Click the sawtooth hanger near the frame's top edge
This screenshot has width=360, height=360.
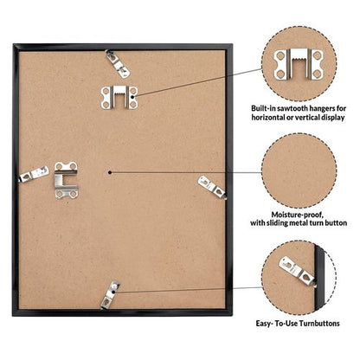point(119,97)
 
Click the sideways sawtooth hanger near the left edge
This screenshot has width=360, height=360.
point(67,180)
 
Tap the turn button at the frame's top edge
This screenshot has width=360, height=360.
point(118,64)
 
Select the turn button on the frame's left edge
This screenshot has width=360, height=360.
point(34,174)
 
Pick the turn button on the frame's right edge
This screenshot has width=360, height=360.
point(212,188)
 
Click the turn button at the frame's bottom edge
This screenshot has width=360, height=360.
point(110,295)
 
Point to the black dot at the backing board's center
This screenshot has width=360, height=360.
point(110,172)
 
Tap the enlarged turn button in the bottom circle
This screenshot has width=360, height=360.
point(297,271)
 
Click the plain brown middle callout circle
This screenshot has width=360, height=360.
point(299,170)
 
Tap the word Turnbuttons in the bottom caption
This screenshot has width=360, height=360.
point(319,324)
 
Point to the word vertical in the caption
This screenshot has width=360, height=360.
point(307,118)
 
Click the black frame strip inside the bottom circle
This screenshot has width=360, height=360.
point(319,276)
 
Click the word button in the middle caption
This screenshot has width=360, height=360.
point(336,223)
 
